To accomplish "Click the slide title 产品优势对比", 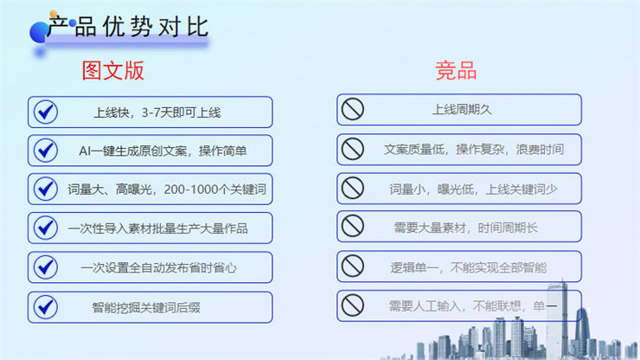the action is tap(128, 27).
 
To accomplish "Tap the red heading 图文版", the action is tap(113, 71).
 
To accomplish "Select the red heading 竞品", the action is tap(456, 70).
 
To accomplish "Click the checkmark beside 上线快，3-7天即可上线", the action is tap(46, 112).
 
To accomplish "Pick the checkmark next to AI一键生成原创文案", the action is tap(46, 151).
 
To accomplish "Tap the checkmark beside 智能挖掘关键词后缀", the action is tap(46, 307).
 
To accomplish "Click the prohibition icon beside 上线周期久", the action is tap(353, 109).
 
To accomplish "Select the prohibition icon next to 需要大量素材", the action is tap(353, 226).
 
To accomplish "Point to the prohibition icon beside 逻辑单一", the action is tap(353, 266).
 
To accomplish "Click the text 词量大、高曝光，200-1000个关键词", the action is tap(167, 190).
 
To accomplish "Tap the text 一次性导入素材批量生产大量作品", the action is tap(158, 228).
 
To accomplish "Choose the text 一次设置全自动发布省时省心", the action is tap(159, 267).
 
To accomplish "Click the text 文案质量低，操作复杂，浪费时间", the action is tap(474, 149).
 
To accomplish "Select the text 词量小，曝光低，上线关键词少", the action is tap(473, 190).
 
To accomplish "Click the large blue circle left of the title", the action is tap(39, 33).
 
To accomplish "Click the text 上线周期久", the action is tap(462, 110).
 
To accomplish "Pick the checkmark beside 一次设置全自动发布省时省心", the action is tap(46, 267).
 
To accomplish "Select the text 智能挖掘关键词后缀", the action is tap(146, 307).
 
